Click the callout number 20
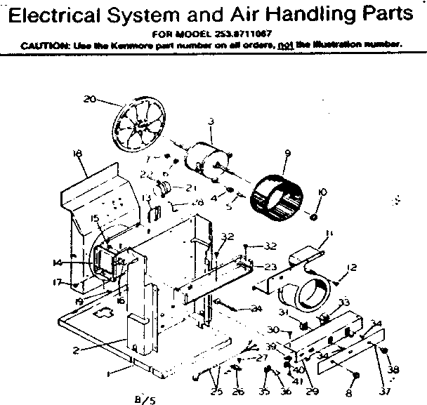click(89, 99)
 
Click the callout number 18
click(77, 152)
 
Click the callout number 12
click(353, 267)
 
